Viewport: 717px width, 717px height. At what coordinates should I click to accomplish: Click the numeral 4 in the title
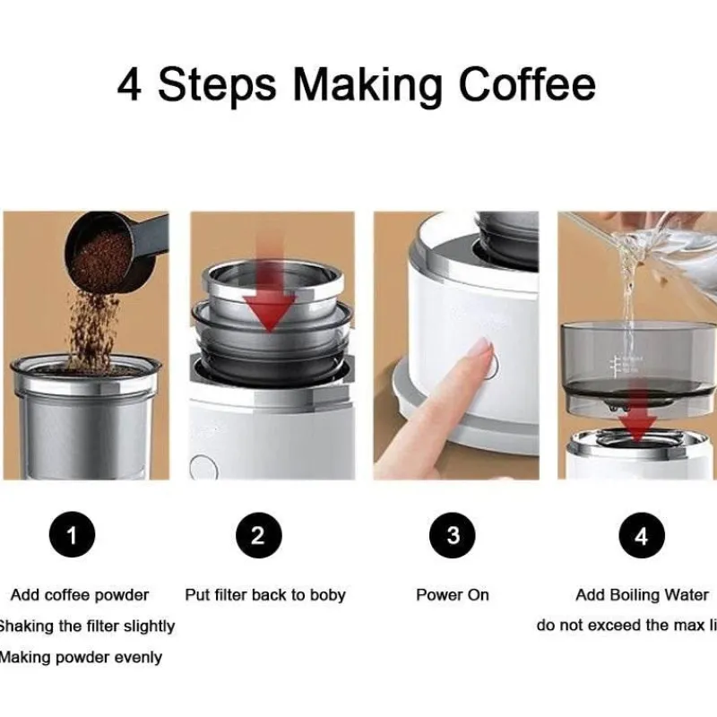tap(130, 84)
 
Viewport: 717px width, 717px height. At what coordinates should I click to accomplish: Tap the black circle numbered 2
tap(258, 536)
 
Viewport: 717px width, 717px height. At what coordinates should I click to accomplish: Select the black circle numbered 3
tap(453, 536)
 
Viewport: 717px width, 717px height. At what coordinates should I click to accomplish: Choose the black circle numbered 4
tap(641, 536)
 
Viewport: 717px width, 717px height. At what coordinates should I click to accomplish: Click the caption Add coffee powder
tap(80, 595)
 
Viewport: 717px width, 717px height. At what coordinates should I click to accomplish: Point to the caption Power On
tap(453, 595)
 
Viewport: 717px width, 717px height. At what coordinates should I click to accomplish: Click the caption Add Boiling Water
tap(642, 595)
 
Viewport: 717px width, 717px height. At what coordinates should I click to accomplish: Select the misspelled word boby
tap(326, 595)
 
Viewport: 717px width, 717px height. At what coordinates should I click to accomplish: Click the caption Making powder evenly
tap(81, 657)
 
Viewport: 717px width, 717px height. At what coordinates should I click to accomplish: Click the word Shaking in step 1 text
tap(27, 626)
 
